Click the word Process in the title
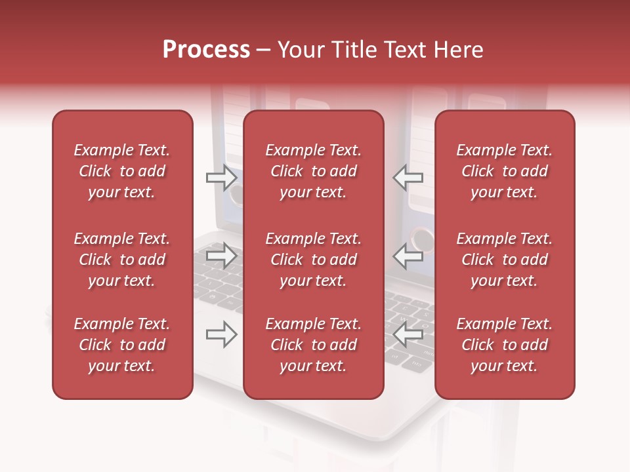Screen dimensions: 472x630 coord(206,50)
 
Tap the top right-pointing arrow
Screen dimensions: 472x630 coord(222,177)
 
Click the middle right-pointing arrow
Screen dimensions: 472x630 coord(222,256)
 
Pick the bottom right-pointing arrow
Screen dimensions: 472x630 coord(222,334)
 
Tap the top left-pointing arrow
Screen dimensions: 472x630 coord(408,177)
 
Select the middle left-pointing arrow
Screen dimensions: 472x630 coord(408,256)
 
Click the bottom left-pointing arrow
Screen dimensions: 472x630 coord(408,334)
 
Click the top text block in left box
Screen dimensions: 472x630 coord(122,171)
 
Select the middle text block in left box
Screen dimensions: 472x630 coord(122,260)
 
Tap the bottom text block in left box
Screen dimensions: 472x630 coord(122,345)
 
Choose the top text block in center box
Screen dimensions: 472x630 coord(313,171)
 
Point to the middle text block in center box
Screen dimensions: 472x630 coord(313,260)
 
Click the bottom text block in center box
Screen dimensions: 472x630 coord(313,345)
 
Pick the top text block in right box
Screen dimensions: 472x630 coord(504,171)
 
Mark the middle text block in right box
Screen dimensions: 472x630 coord(504,260)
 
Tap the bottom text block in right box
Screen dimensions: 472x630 coord(504,345)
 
